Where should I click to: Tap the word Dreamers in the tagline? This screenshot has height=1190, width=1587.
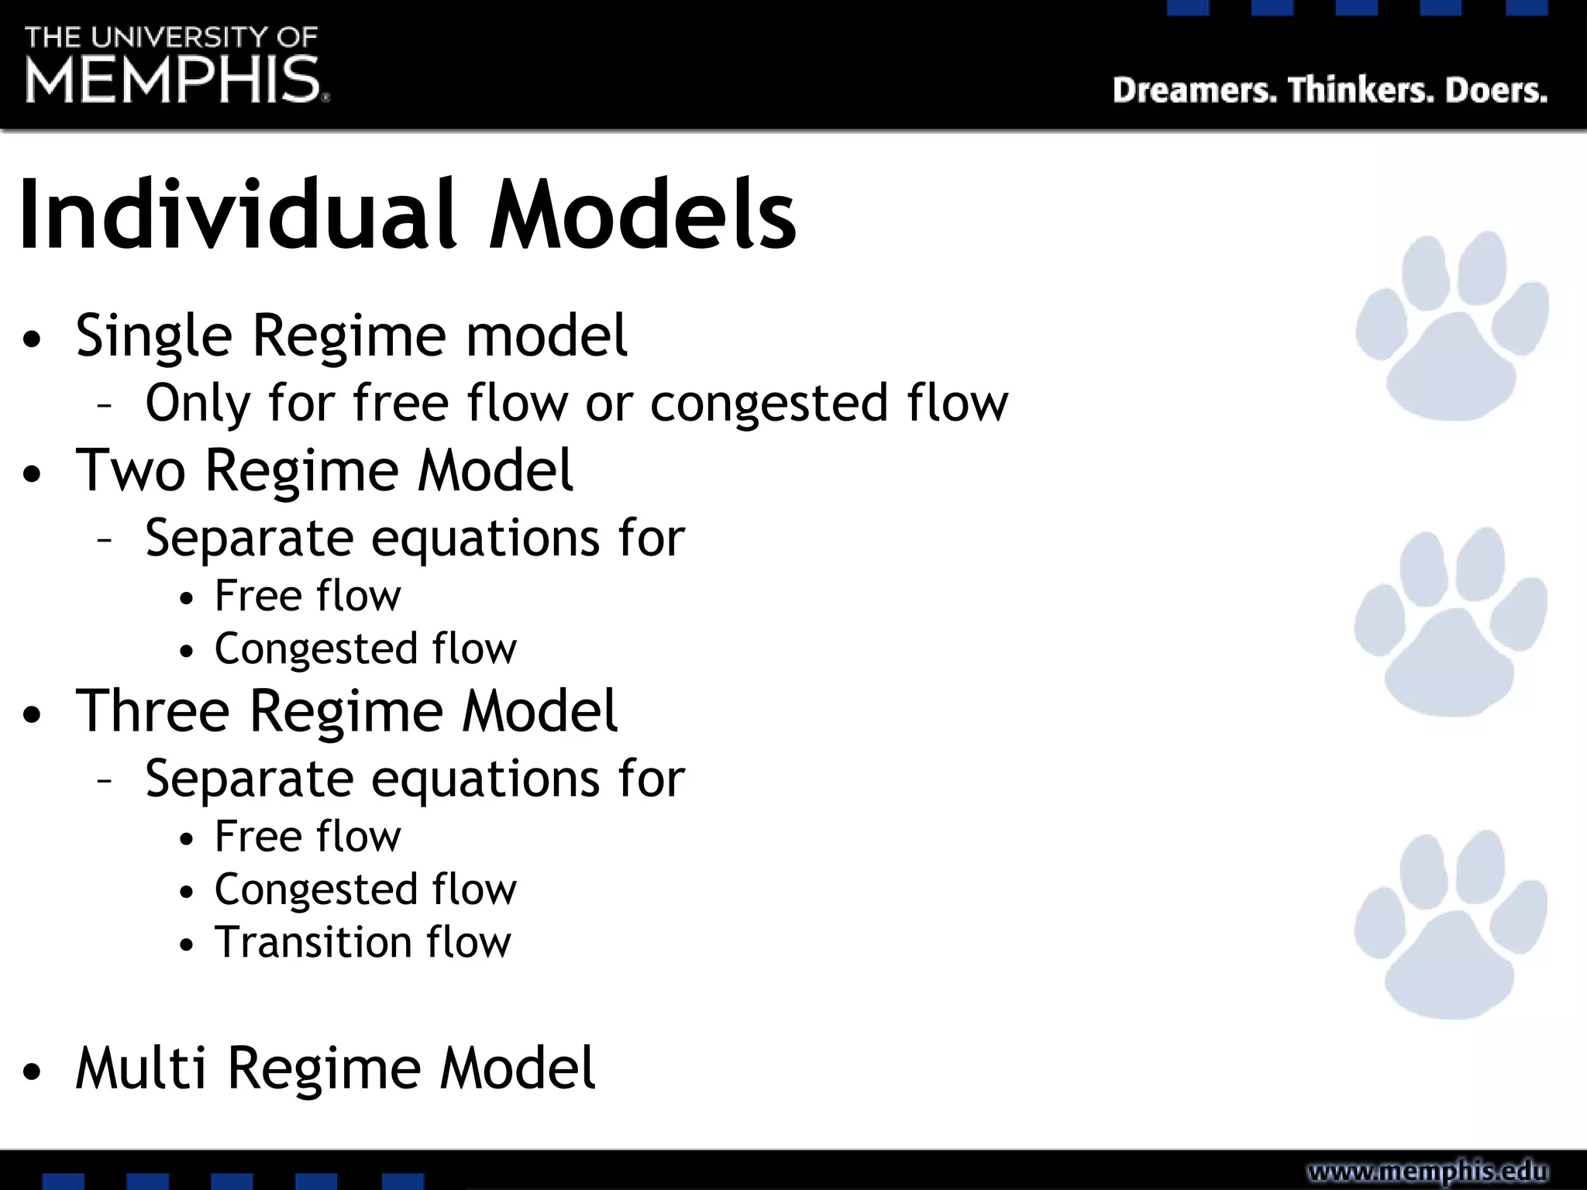[x=1193, y=91]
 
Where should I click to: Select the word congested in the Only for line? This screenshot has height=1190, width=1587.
[x=769, y=404]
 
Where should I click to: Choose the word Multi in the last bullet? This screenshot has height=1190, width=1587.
[x=141, y=1068]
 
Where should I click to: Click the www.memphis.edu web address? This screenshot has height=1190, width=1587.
[x=1427, y=1171]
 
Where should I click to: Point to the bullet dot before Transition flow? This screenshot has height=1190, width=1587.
[x=186, y=946]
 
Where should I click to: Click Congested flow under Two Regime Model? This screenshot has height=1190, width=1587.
[x=365, y=648]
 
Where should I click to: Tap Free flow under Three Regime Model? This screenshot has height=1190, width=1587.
[x=308, y=837]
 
